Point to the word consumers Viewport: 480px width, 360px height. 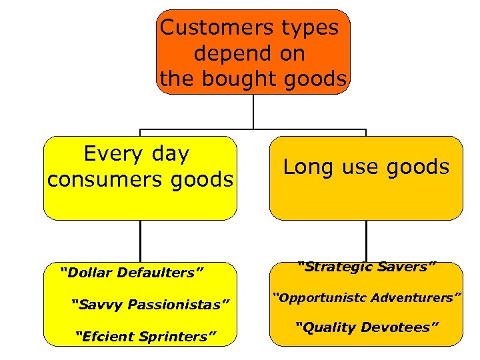(x=105, y=179)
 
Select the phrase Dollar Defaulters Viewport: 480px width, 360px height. (x=131, y=272)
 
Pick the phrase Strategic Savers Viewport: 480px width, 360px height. (x=366, y=267)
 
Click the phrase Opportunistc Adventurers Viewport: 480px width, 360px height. (x=366, y=297)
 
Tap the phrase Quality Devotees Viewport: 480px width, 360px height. (x=367, y=327)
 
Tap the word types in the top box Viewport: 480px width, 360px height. (x=311, y=28)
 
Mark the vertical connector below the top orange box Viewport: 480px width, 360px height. (x=253, y=111)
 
